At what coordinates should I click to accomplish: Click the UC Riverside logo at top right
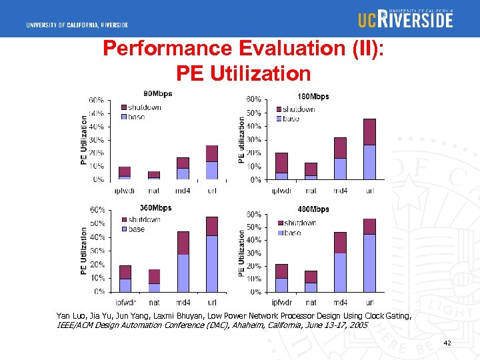405,19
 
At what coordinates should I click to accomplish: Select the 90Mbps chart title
158,93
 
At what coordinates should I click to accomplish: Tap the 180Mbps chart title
313,97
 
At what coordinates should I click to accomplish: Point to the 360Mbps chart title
155,208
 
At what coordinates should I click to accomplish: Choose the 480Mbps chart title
313,209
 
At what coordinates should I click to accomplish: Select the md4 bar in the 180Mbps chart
340,159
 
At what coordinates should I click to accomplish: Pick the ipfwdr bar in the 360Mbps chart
125,279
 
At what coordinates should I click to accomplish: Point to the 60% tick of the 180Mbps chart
253,99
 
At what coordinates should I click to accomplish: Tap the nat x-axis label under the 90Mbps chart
154,191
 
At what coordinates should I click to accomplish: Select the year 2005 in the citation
357,325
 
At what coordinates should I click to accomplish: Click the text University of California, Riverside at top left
77,25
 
